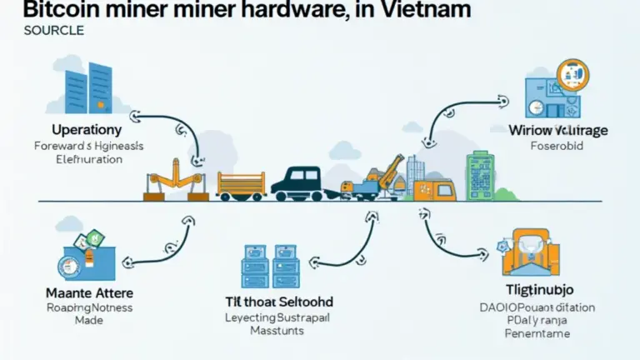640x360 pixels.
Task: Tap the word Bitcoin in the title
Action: [47, 11]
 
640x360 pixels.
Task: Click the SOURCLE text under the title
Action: [54, 31]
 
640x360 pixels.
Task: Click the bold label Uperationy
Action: [87, 130]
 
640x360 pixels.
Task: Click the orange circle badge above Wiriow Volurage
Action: [574, 73]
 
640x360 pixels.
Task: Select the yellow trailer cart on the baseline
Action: [241, 183]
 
